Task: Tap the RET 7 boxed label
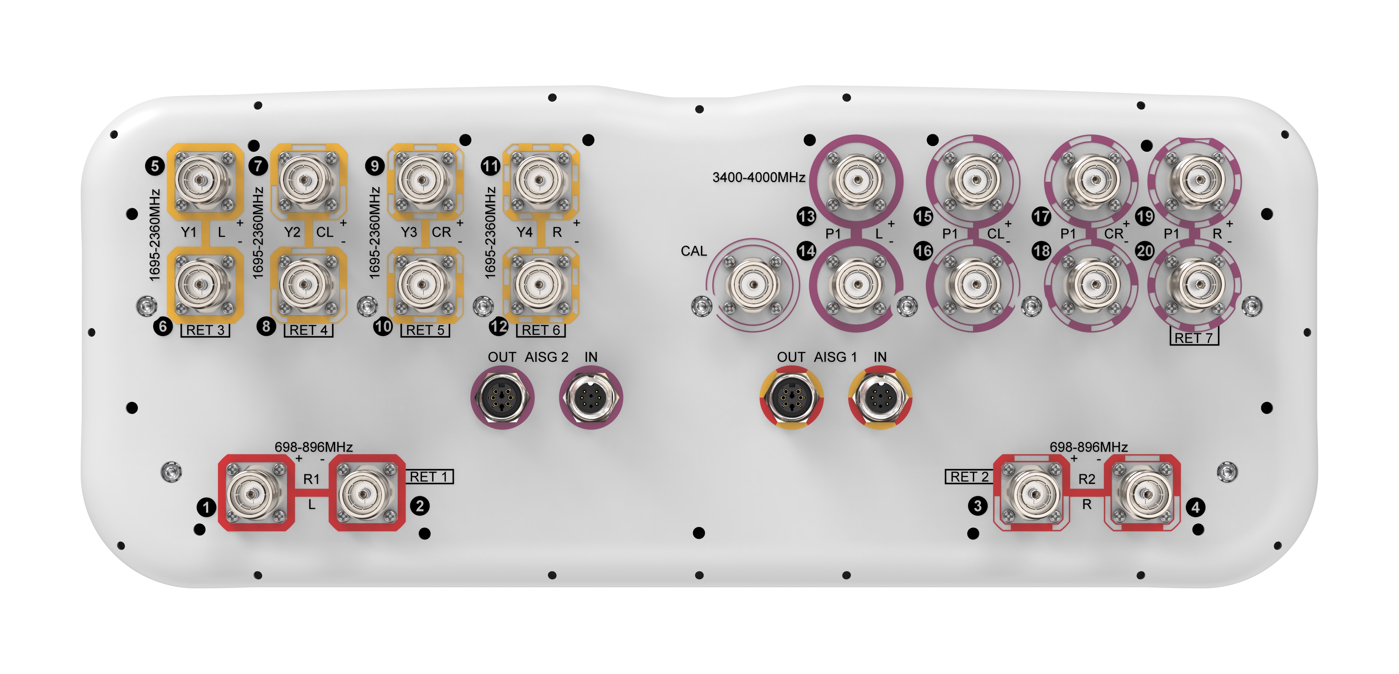pos(1194,337)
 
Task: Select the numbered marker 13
pos(806,216)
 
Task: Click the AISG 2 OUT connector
pos(502,397)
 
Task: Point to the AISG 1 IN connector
pos(880,397)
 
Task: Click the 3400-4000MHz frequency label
pos(759,177)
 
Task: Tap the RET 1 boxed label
pos(429,477)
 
